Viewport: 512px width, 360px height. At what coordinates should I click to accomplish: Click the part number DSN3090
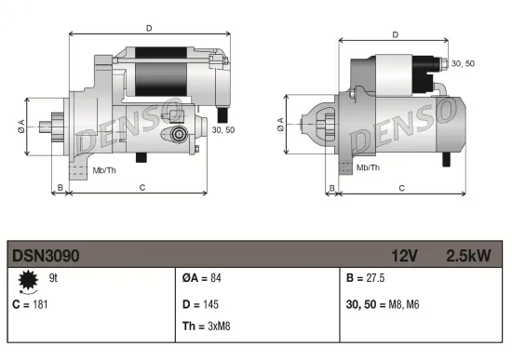coord(47,254)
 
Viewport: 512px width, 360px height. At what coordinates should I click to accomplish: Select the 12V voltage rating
coord(406,254)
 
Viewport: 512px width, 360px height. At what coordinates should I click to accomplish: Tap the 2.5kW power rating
coord(468,254)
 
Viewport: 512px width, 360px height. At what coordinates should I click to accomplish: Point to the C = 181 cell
coord(30,304)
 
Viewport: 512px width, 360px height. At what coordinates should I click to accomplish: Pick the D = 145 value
coord(200,303)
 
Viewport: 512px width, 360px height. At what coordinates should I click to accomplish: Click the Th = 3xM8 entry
coord(206,327)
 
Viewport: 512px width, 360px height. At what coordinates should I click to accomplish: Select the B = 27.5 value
coord(365,278)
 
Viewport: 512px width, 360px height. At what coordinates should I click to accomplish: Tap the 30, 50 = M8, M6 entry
coord(384,303)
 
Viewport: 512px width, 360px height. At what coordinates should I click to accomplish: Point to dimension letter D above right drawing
coord(396,34)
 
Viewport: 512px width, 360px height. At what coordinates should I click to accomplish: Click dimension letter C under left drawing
coord(141,187)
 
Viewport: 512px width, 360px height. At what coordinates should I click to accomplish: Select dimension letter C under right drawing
coord(401,187)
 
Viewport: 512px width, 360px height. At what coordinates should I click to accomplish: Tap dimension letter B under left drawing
coord(61,187)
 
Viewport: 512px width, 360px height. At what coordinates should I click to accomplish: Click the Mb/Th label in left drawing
coord(103,169)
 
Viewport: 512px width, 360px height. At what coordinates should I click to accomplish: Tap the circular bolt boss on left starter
coord(179,135)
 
